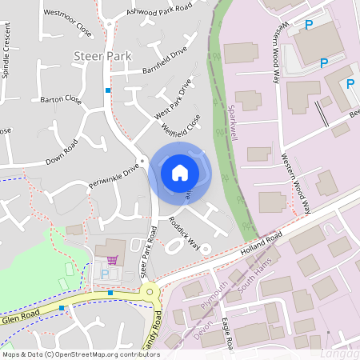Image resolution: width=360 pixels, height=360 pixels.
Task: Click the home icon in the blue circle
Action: click(179, 172)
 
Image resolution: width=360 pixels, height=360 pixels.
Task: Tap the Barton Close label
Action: click(61, 100)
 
